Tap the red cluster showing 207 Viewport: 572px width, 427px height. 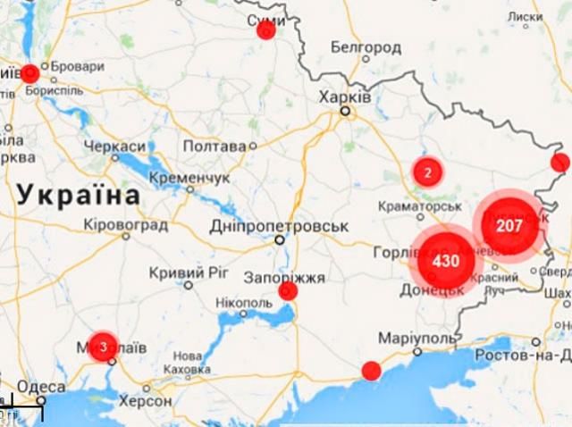(x=509, y=225)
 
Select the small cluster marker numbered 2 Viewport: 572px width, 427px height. (x=428, y=172)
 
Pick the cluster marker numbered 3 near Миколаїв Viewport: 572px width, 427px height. (x=104, y=346)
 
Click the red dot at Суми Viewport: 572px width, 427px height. (x=265, y=29)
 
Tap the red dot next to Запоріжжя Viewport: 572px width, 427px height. (x=288, y=291)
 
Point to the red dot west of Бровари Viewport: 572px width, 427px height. (x=29, y=73)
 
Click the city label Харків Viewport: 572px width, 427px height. (x=345, y=96)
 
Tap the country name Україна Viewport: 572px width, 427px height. (x=79, y=193)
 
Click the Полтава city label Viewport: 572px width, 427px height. (x=214, y=146)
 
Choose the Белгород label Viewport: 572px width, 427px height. (x=366, y=46)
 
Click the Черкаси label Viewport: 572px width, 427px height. (x=114, y=146)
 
